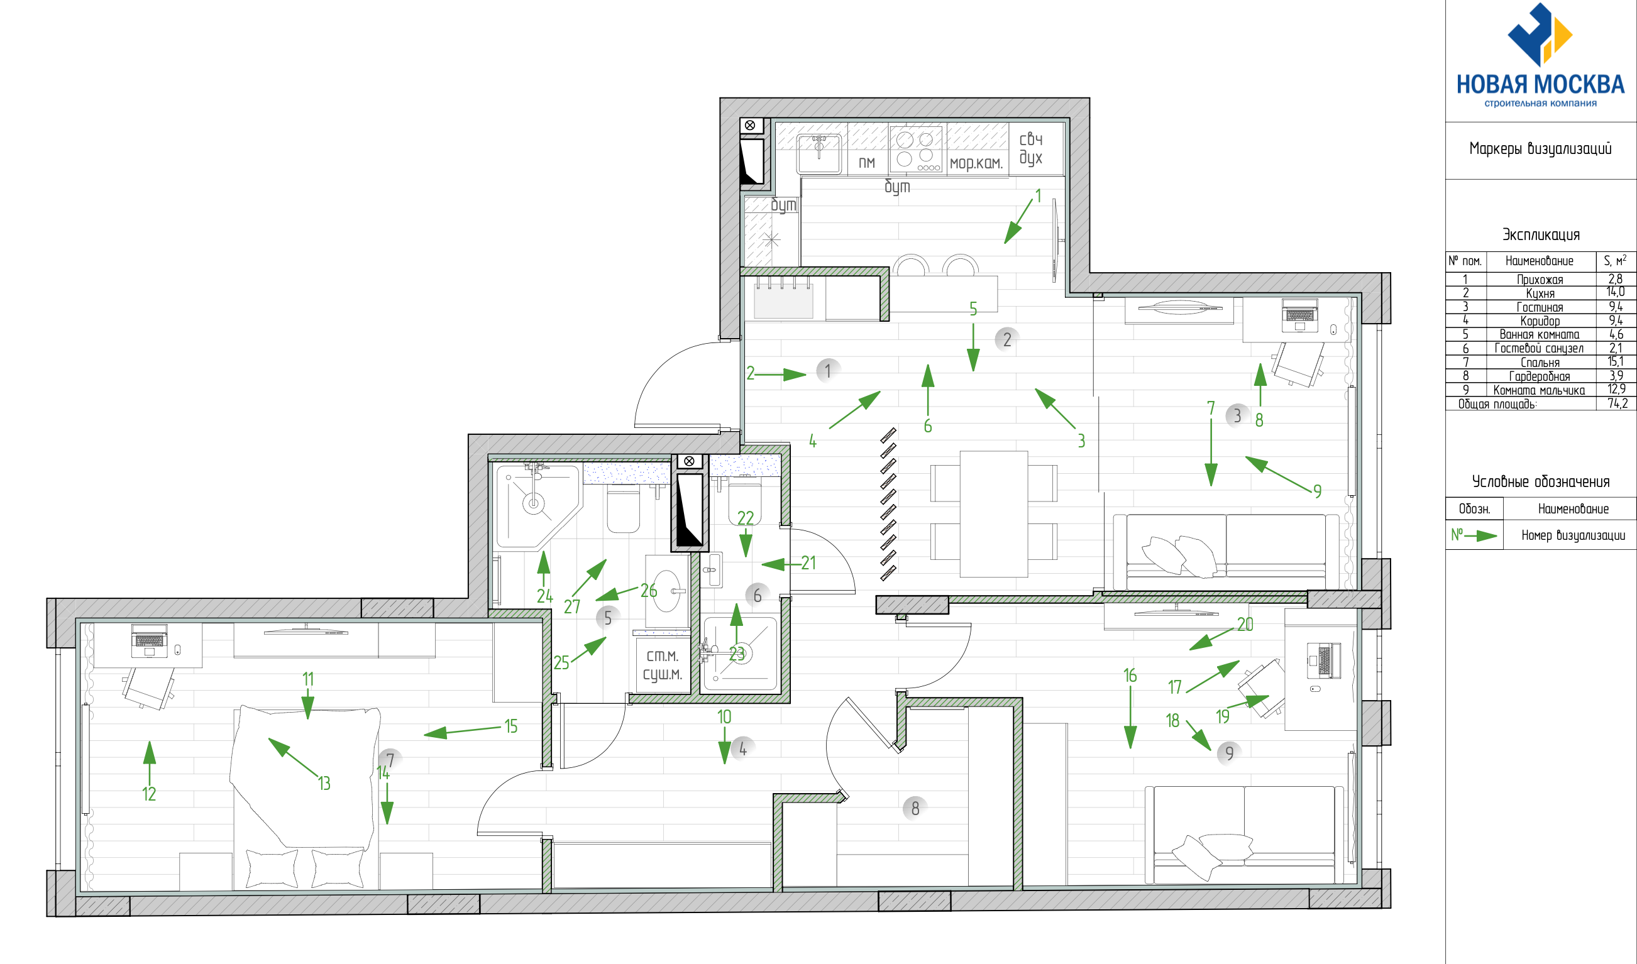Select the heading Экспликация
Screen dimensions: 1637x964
[x=1540, y=234]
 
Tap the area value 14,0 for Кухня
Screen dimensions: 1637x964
[x=1616, y=292]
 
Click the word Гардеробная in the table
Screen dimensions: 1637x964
[x=1539, y=376]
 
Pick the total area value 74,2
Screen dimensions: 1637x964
[x=1618, y=403]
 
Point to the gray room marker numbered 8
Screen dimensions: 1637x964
[x=915, y=808]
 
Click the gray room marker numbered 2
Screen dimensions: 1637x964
[x=1006, y=339]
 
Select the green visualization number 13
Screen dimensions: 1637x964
[x=324, y=784]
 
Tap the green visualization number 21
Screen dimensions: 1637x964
[x=808, y=562]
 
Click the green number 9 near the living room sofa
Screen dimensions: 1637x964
[x=1317, y=491]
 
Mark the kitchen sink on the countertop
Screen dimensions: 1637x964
[x=820, y=153]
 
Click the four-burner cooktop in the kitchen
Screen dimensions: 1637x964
[x=916, y=150]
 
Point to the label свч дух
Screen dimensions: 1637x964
[x=1031, y=148]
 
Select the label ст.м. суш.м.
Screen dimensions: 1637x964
[x=662, y=665]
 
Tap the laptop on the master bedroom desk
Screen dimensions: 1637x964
[x=150, y=640]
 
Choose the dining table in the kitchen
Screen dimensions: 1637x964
[x=994, y=514]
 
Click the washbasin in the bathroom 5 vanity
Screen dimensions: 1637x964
[x=667, y=591]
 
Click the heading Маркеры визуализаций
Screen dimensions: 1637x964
[x=1540, y=149]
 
